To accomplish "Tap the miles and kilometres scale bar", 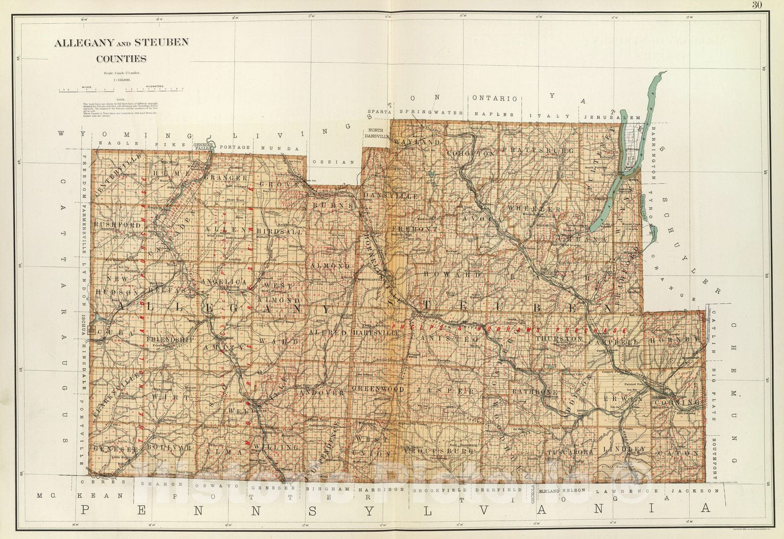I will click(x=121, y=90).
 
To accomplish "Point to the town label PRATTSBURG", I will click(x=537, y=150).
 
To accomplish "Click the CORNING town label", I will click(x=676, y=403).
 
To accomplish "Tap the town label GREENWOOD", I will click(x=378, y=390).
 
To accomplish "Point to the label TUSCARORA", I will click(x=570, y=452).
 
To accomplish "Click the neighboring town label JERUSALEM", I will click(x=612, y=118).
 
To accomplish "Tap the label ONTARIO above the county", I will click(x=495, y=98).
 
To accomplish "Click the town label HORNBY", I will click(x=675, y=339).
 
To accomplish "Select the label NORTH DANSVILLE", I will click(x=376, y=134).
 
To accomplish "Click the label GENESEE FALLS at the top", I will click(x=204, y=147).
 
